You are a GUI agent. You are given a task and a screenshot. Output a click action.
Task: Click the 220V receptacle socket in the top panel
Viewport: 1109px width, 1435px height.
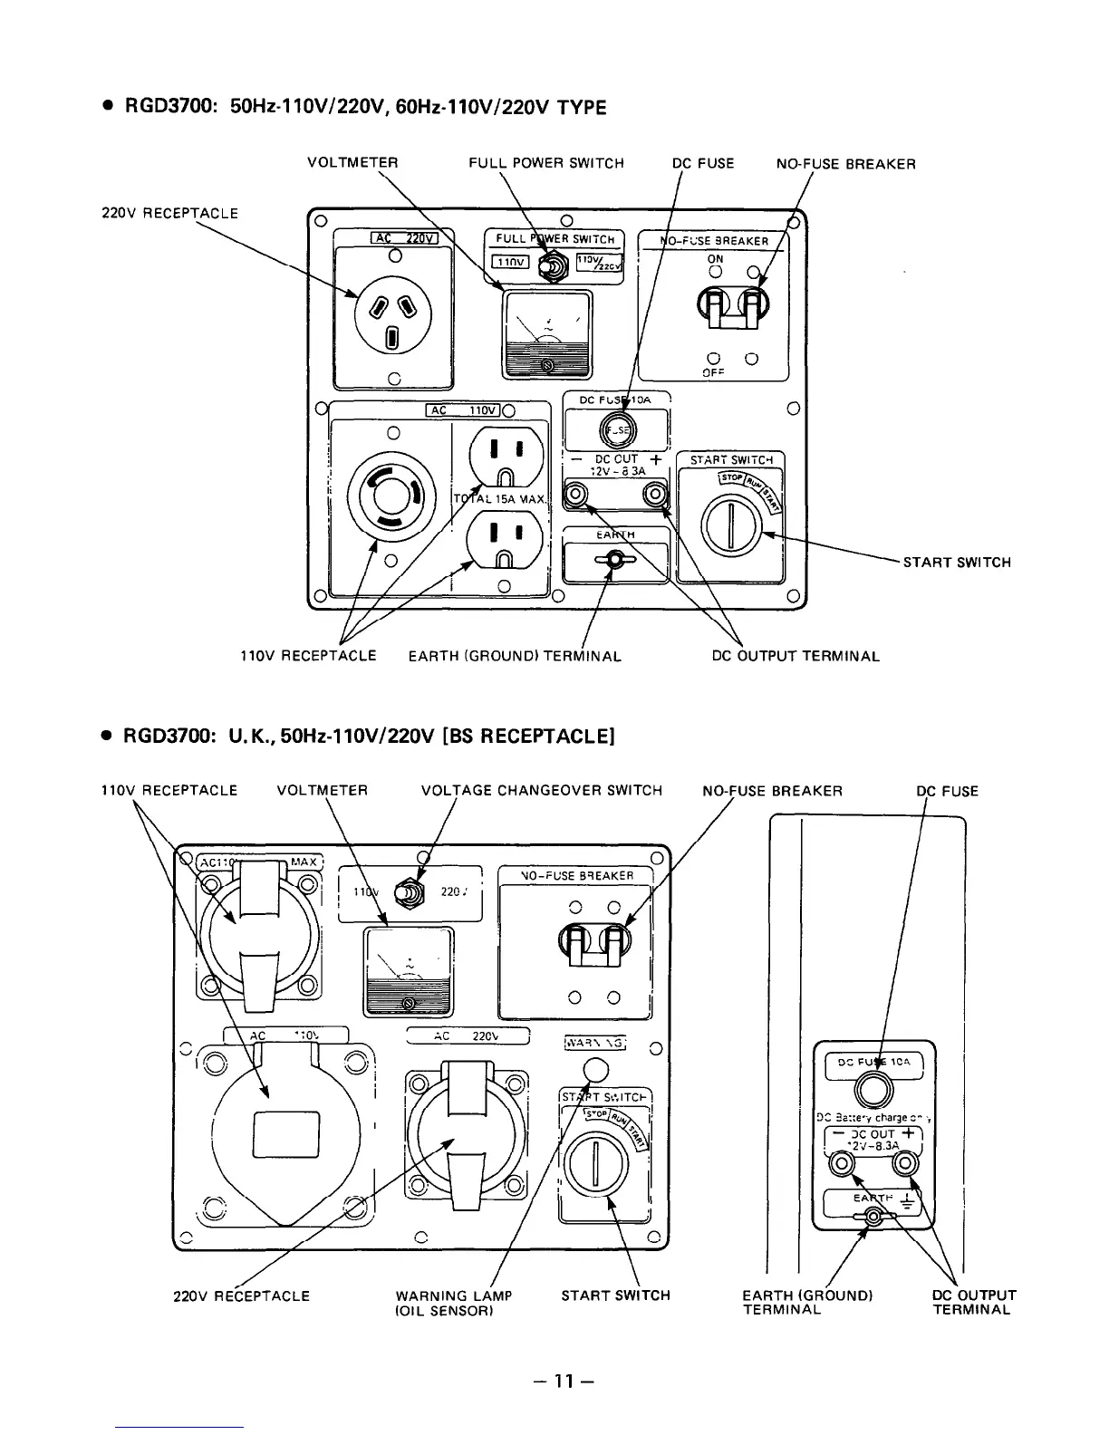point(391,313)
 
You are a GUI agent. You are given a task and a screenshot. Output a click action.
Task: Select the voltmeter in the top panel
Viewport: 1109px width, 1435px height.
point(547,333)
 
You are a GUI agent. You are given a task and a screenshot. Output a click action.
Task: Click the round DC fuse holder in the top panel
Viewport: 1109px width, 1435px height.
point(618,429)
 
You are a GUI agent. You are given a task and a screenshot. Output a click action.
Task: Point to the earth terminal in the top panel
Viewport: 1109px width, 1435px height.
point(615,562)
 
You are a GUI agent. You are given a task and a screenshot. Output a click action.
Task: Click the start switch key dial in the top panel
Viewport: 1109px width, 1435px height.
point(729,528)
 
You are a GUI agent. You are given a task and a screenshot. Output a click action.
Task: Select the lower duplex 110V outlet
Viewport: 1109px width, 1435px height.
point(506,539)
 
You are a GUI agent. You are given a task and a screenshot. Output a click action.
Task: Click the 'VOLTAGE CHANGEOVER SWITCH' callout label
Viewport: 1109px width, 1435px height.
point(542,791)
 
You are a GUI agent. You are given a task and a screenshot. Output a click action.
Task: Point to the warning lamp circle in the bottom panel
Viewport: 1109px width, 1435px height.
point(596,1068)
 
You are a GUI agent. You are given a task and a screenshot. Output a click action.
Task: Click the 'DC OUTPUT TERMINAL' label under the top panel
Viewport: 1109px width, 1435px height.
point(796,656)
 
